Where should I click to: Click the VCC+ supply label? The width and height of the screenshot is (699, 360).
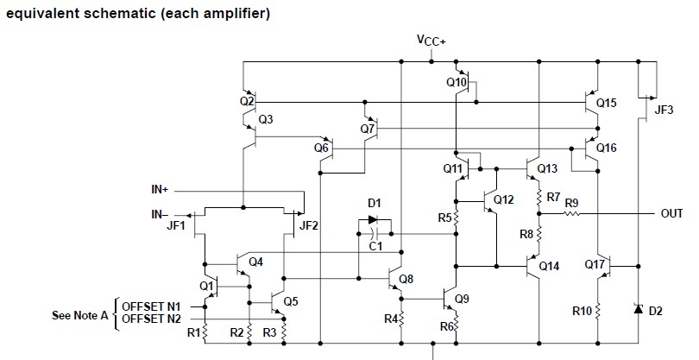coord(430,41)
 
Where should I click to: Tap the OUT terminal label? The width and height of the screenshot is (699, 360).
coord(671,213)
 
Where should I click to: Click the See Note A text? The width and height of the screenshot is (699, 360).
coord(80,315)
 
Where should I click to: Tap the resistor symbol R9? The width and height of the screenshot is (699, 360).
coord(572,213)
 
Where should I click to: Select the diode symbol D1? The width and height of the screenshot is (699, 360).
coord(375,220)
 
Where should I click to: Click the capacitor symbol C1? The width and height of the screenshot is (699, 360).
coord(374,233)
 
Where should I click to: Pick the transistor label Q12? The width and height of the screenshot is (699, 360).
coord(504,200)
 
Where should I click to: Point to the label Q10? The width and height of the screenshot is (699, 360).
coord(457,83)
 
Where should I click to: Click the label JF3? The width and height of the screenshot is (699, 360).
coord(664,110)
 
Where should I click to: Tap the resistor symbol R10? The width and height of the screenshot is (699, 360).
coord(599,309)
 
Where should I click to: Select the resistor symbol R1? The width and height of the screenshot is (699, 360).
coord(205,331)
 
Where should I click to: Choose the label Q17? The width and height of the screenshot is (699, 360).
coord(595,263)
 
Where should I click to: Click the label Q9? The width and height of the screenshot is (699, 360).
coord(462,299)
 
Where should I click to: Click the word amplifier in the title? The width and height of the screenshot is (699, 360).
coord(232,15)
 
